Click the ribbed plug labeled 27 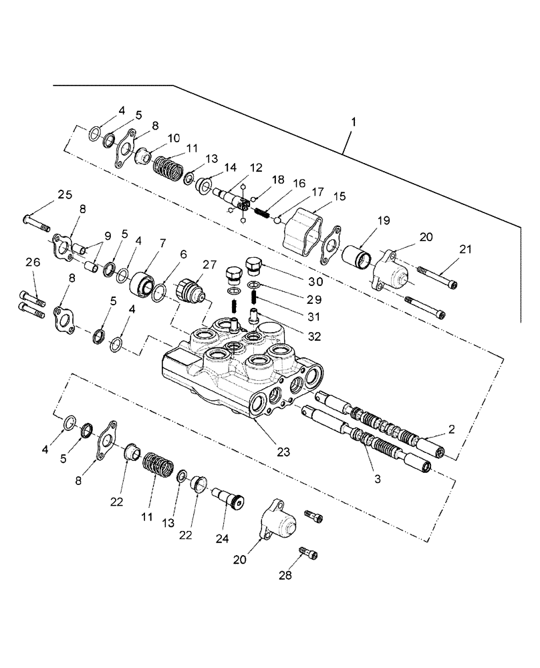[x=190, y=291]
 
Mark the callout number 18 [x=277, y=180]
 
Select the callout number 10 [x=174, y=138]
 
